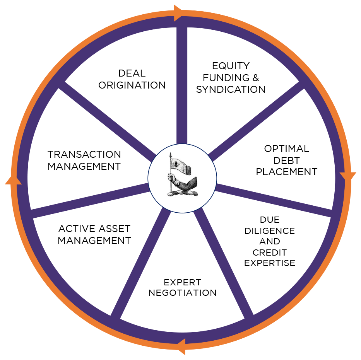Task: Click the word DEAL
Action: [132, 73]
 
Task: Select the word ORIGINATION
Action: [132, 85]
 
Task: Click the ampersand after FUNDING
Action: [255, 77]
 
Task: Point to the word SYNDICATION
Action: [231, 90]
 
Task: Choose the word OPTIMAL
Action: [287, 148]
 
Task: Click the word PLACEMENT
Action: [287, 172]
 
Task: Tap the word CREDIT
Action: [270, 253]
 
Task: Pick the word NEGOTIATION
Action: [183, 293]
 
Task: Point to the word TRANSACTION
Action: [84, 155]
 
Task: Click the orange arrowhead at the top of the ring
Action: [179, 13]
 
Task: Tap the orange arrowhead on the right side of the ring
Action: [347, 177]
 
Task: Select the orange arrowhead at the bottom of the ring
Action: [180, 347]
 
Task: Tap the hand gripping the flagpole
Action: [171, 177]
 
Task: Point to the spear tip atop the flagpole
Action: [170, 155]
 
